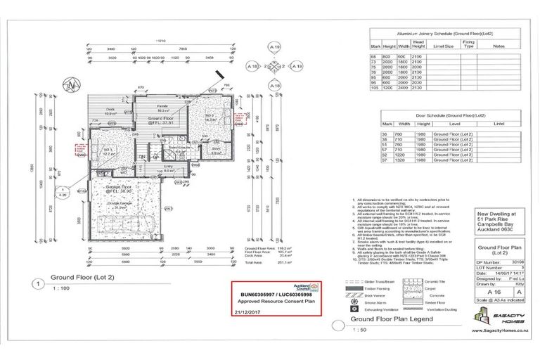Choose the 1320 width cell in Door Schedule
pos(401,160)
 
